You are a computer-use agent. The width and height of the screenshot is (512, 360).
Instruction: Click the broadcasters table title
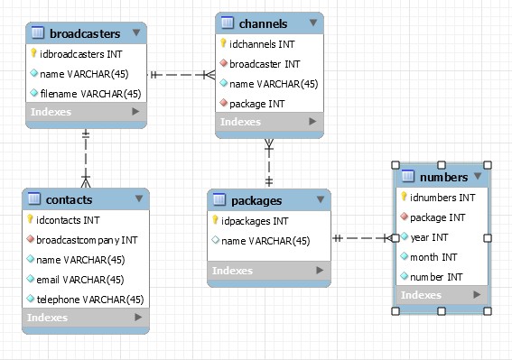tap(85, 33)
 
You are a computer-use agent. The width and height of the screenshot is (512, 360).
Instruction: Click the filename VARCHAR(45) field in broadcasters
tap(90, 93)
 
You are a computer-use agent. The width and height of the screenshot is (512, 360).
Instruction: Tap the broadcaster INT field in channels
tap(265, 63)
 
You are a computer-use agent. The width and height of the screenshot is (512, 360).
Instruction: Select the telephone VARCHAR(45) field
tap(91, 299)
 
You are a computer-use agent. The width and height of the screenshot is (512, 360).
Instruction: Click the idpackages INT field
tap(255, 220)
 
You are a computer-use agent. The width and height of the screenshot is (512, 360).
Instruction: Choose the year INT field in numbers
tap(428, 237)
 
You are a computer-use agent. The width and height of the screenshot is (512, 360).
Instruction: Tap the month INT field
tap(433, 257)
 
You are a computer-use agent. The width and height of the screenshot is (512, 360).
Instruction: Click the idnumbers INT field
tap(442, 198)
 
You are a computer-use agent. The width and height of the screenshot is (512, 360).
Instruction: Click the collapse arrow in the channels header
tap(312, 23)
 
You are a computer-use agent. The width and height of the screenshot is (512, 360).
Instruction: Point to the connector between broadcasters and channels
tap(181, 74)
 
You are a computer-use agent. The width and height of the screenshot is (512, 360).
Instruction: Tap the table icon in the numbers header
tap(407, 177)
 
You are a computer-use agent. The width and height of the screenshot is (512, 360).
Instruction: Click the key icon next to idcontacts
tap(31, 219)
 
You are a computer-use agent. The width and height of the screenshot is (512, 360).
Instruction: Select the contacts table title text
tap(69, 198)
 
